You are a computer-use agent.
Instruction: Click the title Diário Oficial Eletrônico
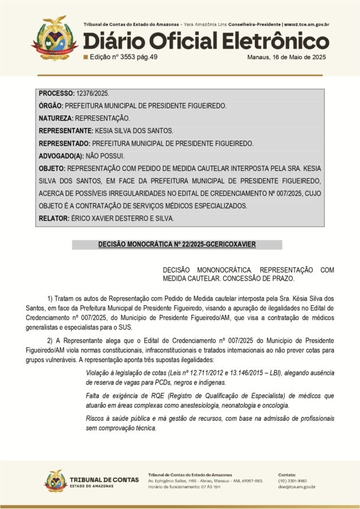(x=206, y=41)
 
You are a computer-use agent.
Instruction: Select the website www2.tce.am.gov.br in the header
(x=307, y=25)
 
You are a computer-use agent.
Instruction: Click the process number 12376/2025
(x=93, y=93)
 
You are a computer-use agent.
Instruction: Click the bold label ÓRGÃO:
(x=51, y=106)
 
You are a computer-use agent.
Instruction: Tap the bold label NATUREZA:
(x=56, y=118)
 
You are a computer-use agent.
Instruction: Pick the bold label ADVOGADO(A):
(x=61, y=156)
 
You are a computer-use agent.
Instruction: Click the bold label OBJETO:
(x=52, y=169)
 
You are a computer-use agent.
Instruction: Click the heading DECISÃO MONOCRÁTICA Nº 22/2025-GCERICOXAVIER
(x=177, y=245)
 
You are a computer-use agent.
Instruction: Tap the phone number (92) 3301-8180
(x=292, y=480)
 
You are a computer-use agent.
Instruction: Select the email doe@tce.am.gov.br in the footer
(x=297, y=486)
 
